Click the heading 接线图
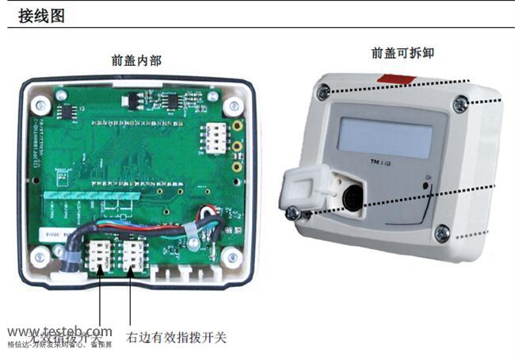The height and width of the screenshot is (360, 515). click(41, 15)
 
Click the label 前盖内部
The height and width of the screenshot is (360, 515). click(136, 59)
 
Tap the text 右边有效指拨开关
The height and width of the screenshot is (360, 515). click(177, 337)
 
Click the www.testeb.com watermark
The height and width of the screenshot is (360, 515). click(59, 331)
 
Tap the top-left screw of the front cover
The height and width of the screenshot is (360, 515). click(322, 92)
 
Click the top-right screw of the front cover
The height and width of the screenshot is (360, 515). click(460, 105)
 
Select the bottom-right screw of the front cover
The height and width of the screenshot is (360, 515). click(442, 233)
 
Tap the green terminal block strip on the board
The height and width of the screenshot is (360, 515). click(90, 194)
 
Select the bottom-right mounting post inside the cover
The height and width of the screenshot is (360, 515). click(231, 256)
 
